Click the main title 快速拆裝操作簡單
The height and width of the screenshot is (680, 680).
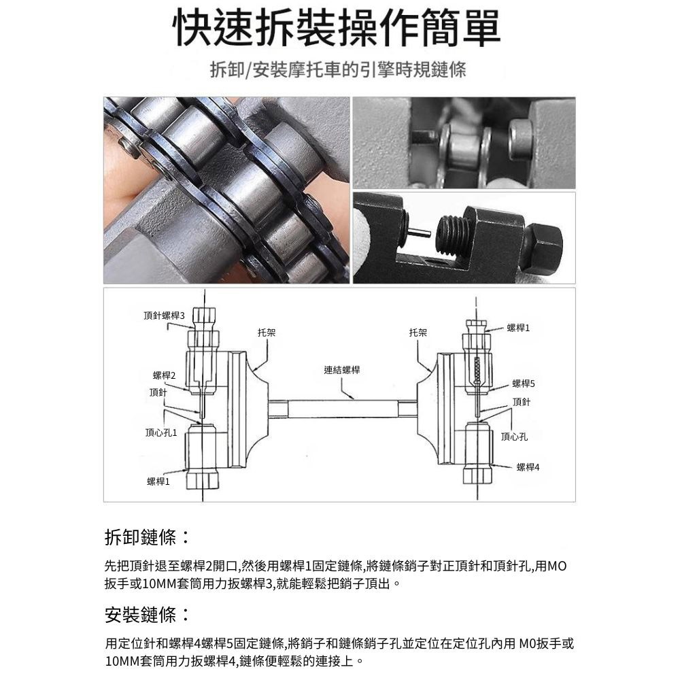(337, 29)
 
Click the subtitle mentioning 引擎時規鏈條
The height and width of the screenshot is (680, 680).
(338, 69)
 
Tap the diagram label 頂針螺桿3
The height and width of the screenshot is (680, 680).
(165, 316)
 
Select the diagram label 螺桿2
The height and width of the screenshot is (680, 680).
(165, 375)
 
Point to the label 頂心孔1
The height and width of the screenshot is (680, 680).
(161, 432)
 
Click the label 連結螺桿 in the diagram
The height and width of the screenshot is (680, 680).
(342, 370)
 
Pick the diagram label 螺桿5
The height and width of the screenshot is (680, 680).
(524, 384)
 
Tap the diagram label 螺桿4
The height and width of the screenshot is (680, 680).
(528, 467)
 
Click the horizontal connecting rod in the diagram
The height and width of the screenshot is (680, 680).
(343, 409)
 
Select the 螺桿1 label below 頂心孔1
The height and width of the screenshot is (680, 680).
(158, 481)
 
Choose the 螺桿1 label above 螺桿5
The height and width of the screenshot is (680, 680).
(518, 328)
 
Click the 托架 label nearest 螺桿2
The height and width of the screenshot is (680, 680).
(267, 333)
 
